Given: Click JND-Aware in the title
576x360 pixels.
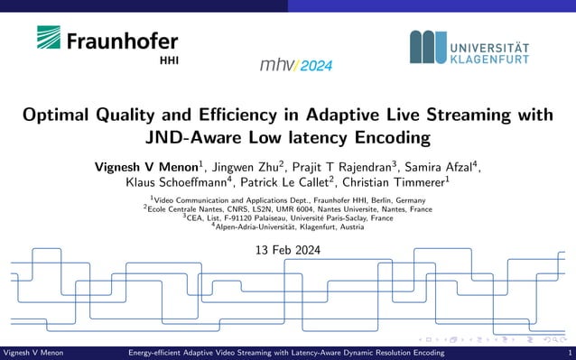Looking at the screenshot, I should tap(192, 138).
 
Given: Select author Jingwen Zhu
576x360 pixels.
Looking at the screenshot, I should tap(248, 167).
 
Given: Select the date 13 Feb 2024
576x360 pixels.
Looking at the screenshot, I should tap(288, 250).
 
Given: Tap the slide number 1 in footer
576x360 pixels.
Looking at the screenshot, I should tap(569, 354).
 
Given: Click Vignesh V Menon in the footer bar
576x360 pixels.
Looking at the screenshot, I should tap(33, 354).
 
